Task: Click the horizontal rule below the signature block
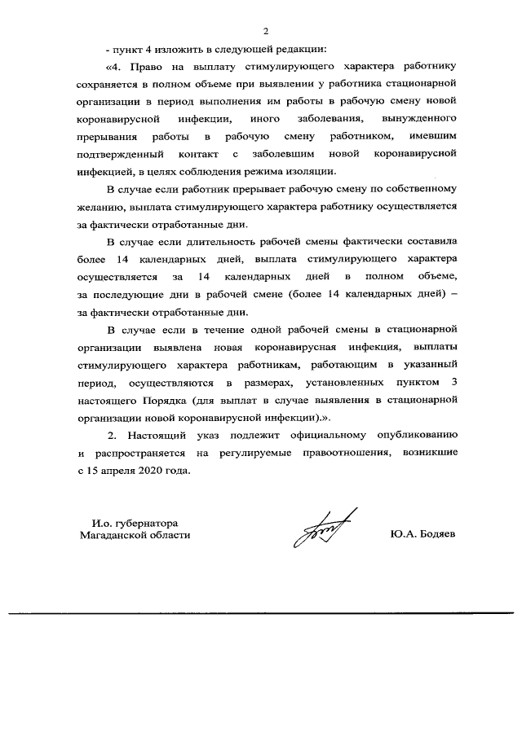[261, 612]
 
